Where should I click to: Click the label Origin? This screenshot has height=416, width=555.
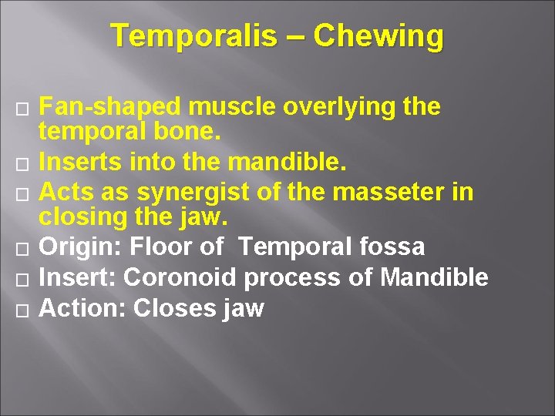80,247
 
